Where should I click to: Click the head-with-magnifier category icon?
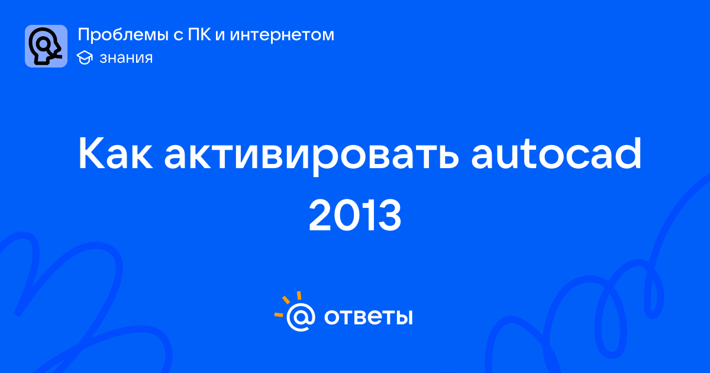(46, 46)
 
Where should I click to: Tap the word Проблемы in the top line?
(123, 35)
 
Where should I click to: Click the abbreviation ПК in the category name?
(199, 34)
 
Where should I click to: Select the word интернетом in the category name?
(282, 36)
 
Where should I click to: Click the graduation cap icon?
(85, 57)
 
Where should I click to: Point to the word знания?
(126, 58)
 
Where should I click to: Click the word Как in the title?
(115, 154)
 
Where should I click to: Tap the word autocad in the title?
(556, 153)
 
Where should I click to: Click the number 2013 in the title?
(355, 215)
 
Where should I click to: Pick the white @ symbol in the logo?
(301, 317)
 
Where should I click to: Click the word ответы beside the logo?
(369, 317)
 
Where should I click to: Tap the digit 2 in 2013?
(320, 215)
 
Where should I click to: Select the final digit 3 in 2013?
(389, 216)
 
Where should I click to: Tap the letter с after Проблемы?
(178, 36)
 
